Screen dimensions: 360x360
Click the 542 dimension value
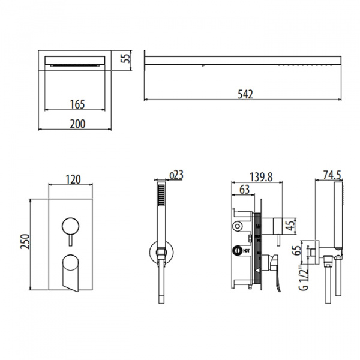[x=245, y=94]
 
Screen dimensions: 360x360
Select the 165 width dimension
[x=77, y=104]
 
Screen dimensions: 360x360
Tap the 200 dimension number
[x=77, y=124]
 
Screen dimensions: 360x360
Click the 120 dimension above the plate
[x=73, y=179]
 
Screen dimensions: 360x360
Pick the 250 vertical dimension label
[x=25, y=241]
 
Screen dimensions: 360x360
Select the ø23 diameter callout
[x=176, y=175]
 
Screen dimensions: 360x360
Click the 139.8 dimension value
[x=261, y=177]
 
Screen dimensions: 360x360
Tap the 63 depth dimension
[x=244, y=190]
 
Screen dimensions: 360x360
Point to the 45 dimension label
[x=290, y=226]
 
